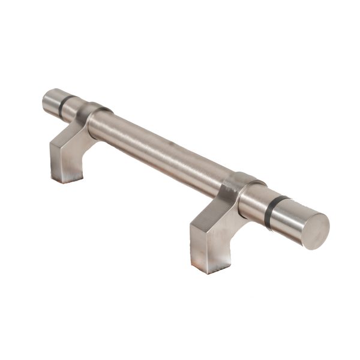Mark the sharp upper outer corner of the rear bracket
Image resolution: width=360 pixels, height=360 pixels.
(x=51, y=144)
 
